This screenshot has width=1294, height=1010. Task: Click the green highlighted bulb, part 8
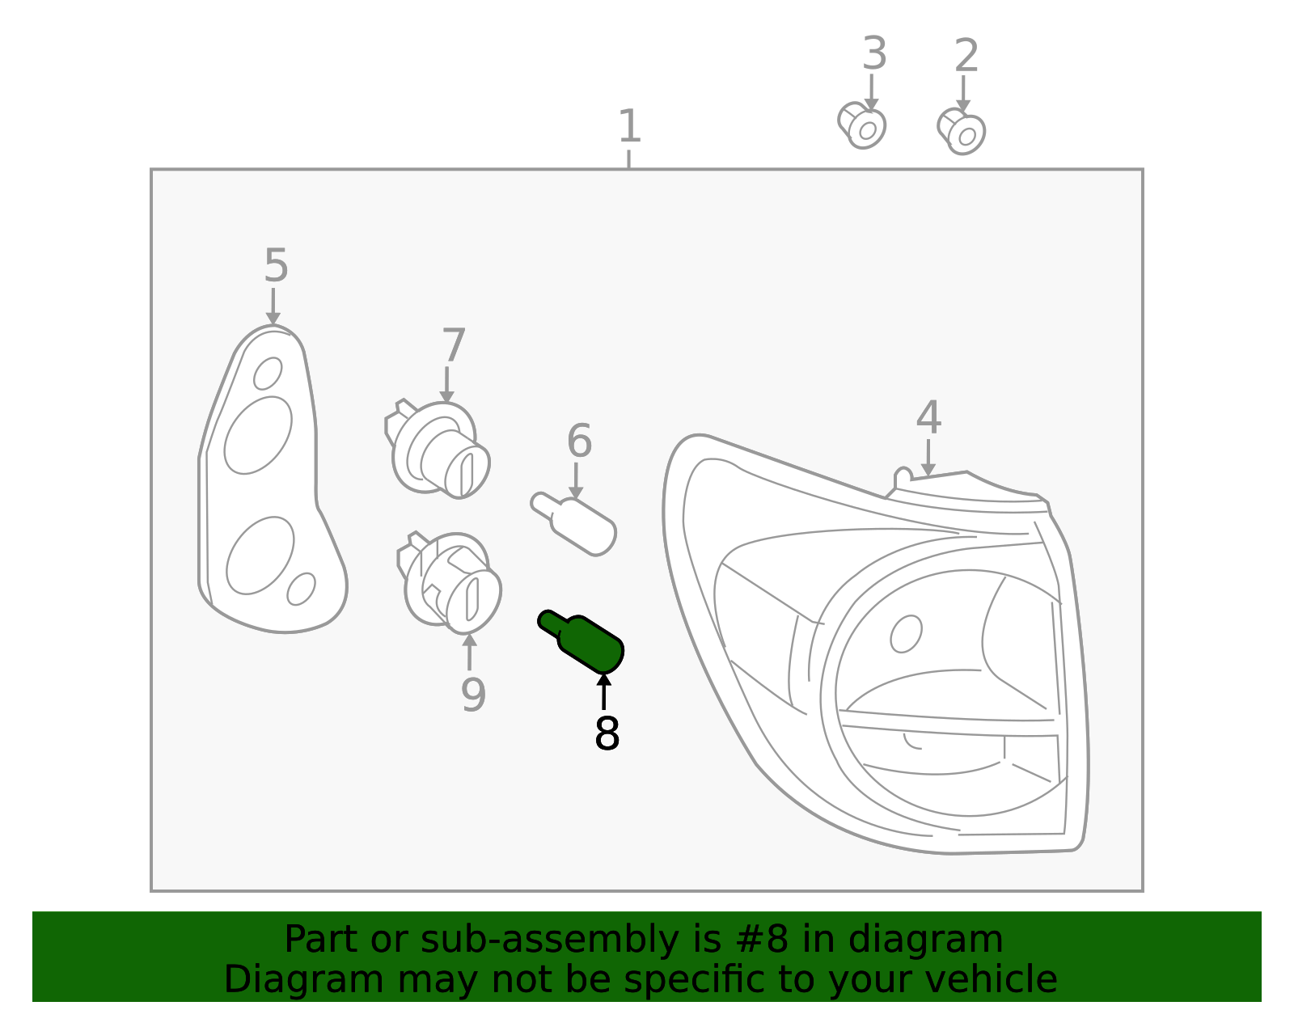pos(581,643)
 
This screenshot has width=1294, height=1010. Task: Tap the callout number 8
pos(607,733)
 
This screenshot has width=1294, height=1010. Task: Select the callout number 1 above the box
pos(629,125)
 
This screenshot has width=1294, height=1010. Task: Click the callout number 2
pos(966,55)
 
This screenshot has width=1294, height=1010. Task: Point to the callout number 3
pos(874,53)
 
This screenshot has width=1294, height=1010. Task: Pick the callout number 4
pos(928,417)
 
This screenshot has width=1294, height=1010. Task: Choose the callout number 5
pos(276,265)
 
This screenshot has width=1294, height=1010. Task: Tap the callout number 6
pos(579,441)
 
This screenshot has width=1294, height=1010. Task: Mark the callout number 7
pos(453,344)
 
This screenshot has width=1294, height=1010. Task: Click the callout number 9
pos(473,695)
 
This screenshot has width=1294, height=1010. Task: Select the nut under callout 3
pos(861,125)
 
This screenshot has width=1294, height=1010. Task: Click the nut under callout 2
pos(961,132)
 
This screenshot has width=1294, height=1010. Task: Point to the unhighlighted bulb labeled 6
pos(573,524)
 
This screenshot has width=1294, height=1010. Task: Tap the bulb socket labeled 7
pos(437,450)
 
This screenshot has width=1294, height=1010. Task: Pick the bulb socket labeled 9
pos(449,582)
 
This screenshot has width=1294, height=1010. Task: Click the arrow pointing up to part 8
pos(603,691)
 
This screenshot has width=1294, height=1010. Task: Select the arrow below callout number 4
pos(928,458)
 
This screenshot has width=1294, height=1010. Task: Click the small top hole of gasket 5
pos(268,373)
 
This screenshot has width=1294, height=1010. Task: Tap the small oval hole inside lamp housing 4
pos(906,633)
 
